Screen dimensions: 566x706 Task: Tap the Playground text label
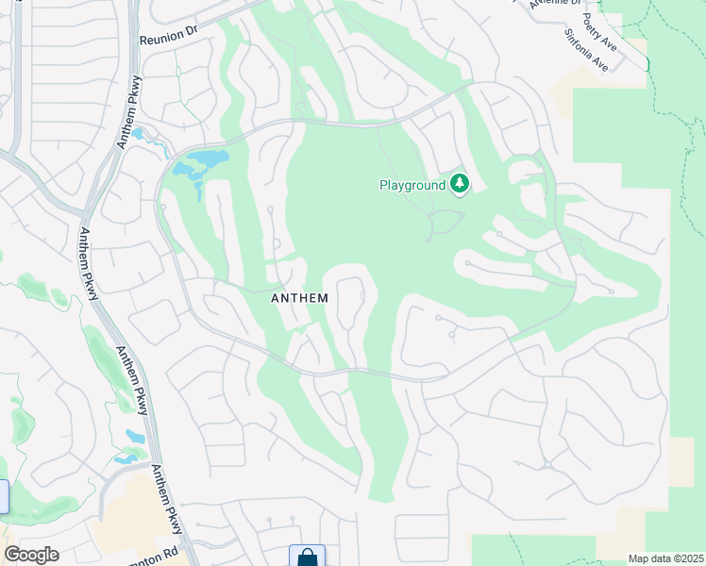[x=412, y=185]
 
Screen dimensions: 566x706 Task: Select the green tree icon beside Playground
[x=460, y=183]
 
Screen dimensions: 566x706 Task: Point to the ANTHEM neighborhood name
[x=299, y=298]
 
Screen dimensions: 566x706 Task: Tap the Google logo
[x=32, y=555]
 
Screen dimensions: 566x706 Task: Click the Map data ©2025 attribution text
[x=665, y=558]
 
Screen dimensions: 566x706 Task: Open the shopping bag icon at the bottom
[x=307, y=557]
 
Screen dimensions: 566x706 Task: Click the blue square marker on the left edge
[x=3, y=496]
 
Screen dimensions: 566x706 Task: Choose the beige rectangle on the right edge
[x=681, y=461]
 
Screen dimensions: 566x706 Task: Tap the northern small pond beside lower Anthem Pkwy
[x=134, y=435]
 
